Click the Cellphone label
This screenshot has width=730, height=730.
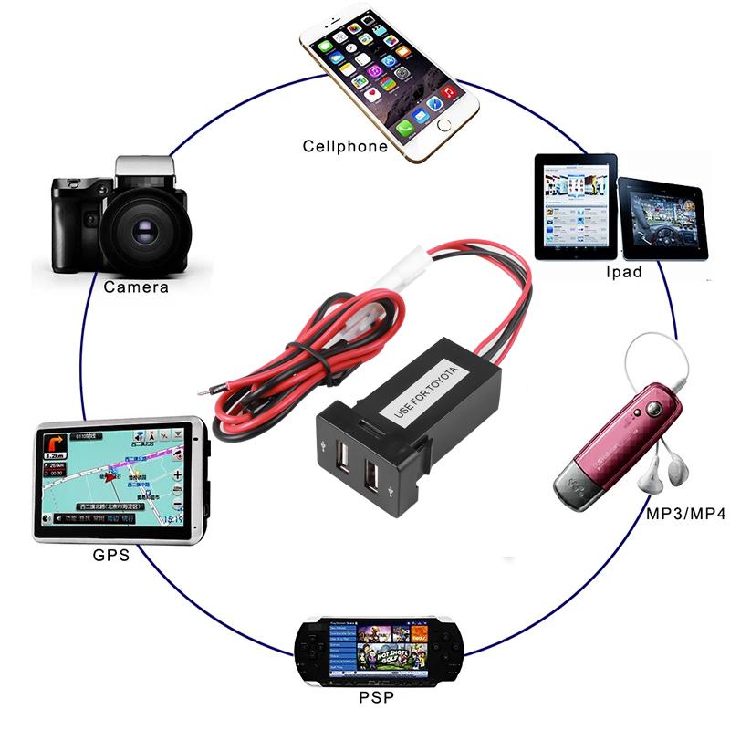click(x=345, y=147)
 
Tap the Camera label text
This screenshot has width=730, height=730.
click(x=136, y=287)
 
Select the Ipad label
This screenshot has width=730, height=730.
click(x=624, y=272)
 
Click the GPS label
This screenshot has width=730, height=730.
click(x=111, y=554)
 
